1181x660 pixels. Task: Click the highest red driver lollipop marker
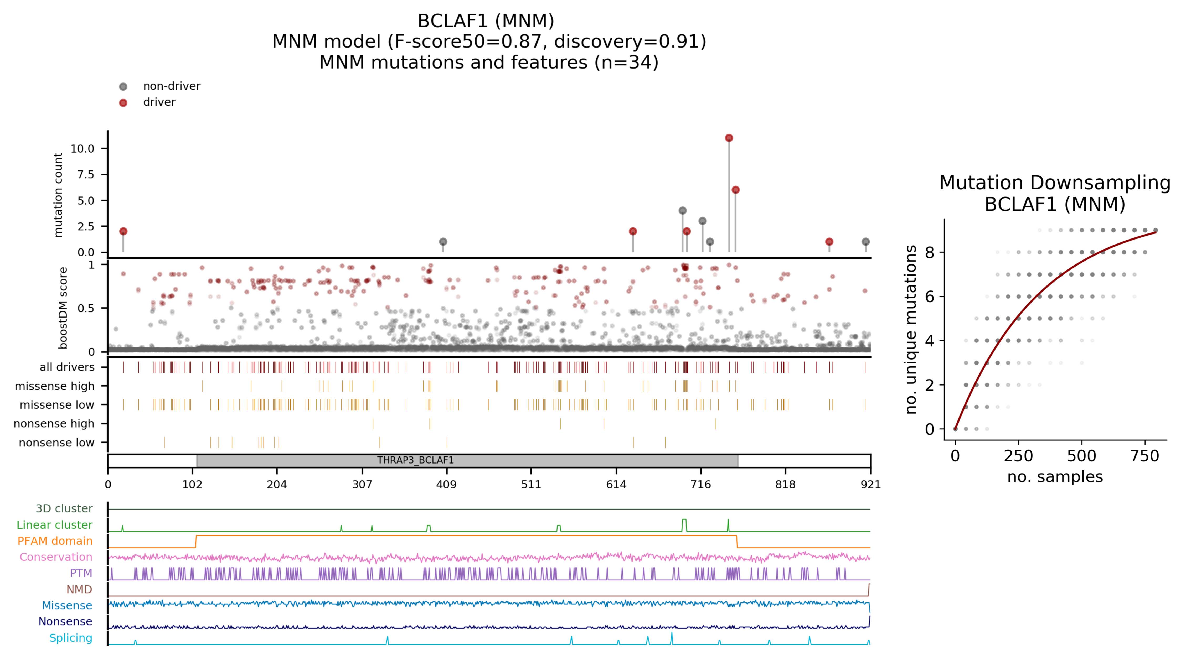click(x=729, y=138)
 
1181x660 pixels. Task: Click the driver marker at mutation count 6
click(x=735, y=190)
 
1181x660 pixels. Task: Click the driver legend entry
click(x=159, y=102)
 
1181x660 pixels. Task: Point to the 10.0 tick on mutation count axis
click(x=82, y=148)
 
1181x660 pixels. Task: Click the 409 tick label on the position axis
click(x=447, y=485)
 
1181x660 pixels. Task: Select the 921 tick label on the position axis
click(x=870, y=485)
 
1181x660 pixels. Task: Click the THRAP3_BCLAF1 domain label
click(x=415, y=460)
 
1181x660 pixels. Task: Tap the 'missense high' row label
click(x=55, y=386)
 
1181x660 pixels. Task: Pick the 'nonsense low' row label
click(x=56, y=443)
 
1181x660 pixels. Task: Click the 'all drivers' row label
click(x=67, y=367)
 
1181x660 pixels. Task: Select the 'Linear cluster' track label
click(x=55, y=525)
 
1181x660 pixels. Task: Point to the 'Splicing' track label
click(x=71, y=638)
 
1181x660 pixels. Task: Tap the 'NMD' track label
click(x=79, y=589)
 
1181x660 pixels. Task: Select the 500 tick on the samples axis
click(x=1081, y=456)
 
